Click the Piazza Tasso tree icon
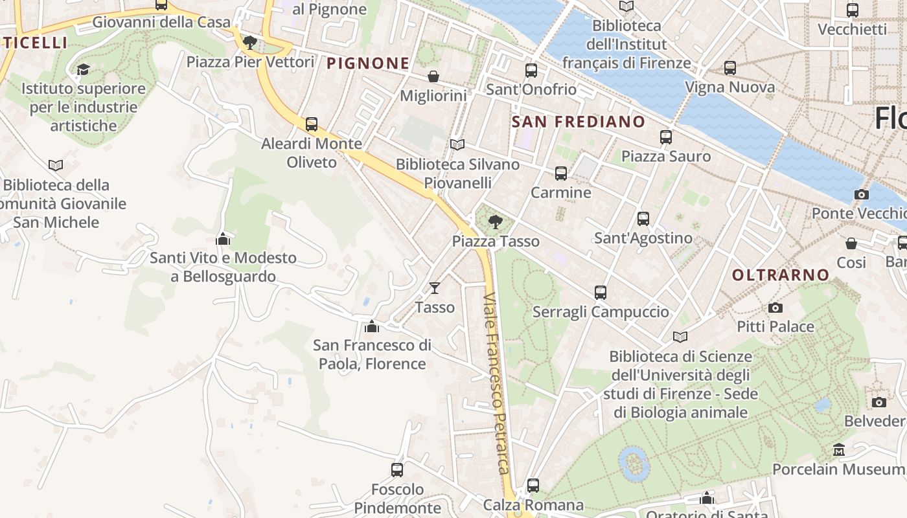[496, 222]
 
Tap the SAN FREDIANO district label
[579, 122]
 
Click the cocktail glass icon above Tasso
[434, 287]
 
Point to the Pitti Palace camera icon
[775, 308]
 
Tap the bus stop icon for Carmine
[561, 174]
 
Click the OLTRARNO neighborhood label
[781, 275]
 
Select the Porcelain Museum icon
[839, 450]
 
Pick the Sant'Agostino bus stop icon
[643, 219]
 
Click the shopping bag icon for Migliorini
[433, 76]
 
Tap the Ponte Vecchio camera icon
[862, 194]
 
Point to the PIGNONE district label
[368, 63]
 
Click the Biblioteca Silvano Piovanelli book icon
[457, 144]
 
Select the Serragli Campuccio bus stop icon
[601, 293]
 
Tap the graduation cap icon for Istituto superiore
[83, 69]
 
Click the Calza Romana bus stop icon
[533, 486]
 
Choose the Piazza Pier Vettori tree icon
[250, 43]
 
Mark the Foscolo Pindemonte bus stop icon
[397, 470]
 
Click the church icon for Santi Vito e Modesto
[223, 239]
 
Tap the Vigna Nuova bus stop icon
[730, 68]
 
